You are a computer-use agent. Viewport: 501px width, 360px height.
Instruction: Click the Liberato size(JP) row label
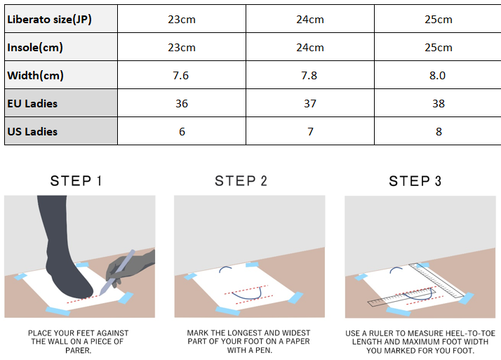[50, 20]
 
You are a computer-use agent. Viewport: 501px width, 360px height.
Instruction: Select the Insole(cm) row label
[35, 48]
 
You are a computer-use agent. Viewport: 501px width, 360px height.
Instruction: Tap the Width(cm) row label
[36, 76]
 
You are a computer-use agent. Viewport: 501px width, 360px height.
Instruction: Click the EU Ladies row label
[32, 103]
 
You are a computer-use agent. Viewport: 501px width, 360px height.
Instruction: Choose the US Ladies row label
[32, 132]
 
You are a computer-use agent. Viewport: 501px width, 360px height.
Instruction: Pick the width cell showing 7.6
[181, 76]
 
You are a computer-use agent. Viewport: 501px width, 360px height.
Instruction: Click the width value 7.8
[309, 76]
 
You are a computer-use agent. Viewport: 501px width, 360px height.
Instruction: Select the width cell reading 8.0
[437, 76]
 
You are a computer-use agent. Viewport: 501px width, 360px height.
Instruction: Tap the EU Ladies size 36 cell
[182, 103]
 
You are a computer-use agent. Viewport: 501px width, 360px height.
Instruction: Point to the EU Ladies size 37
[310, 103]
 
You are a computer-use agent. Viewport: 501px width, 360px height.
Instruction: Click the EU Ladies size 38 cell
[439, 103]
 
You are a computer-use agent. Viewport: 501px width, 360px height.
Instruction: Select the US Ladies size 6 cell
[182, 132]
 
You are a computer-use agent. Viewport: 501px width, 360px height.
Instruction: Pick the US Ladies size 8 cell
[439, 132]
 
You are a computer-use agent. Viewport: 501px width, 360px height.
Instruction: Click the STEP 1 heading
[76, 181]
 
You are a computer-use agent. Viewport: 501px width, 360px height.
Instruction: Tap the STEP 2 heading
[241, 181]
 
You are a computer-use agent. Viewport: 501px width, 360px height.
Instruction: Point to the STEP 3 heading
[415, 181]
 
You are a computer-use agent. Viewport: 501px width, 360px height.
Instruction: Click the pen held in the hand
[117, 272]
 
